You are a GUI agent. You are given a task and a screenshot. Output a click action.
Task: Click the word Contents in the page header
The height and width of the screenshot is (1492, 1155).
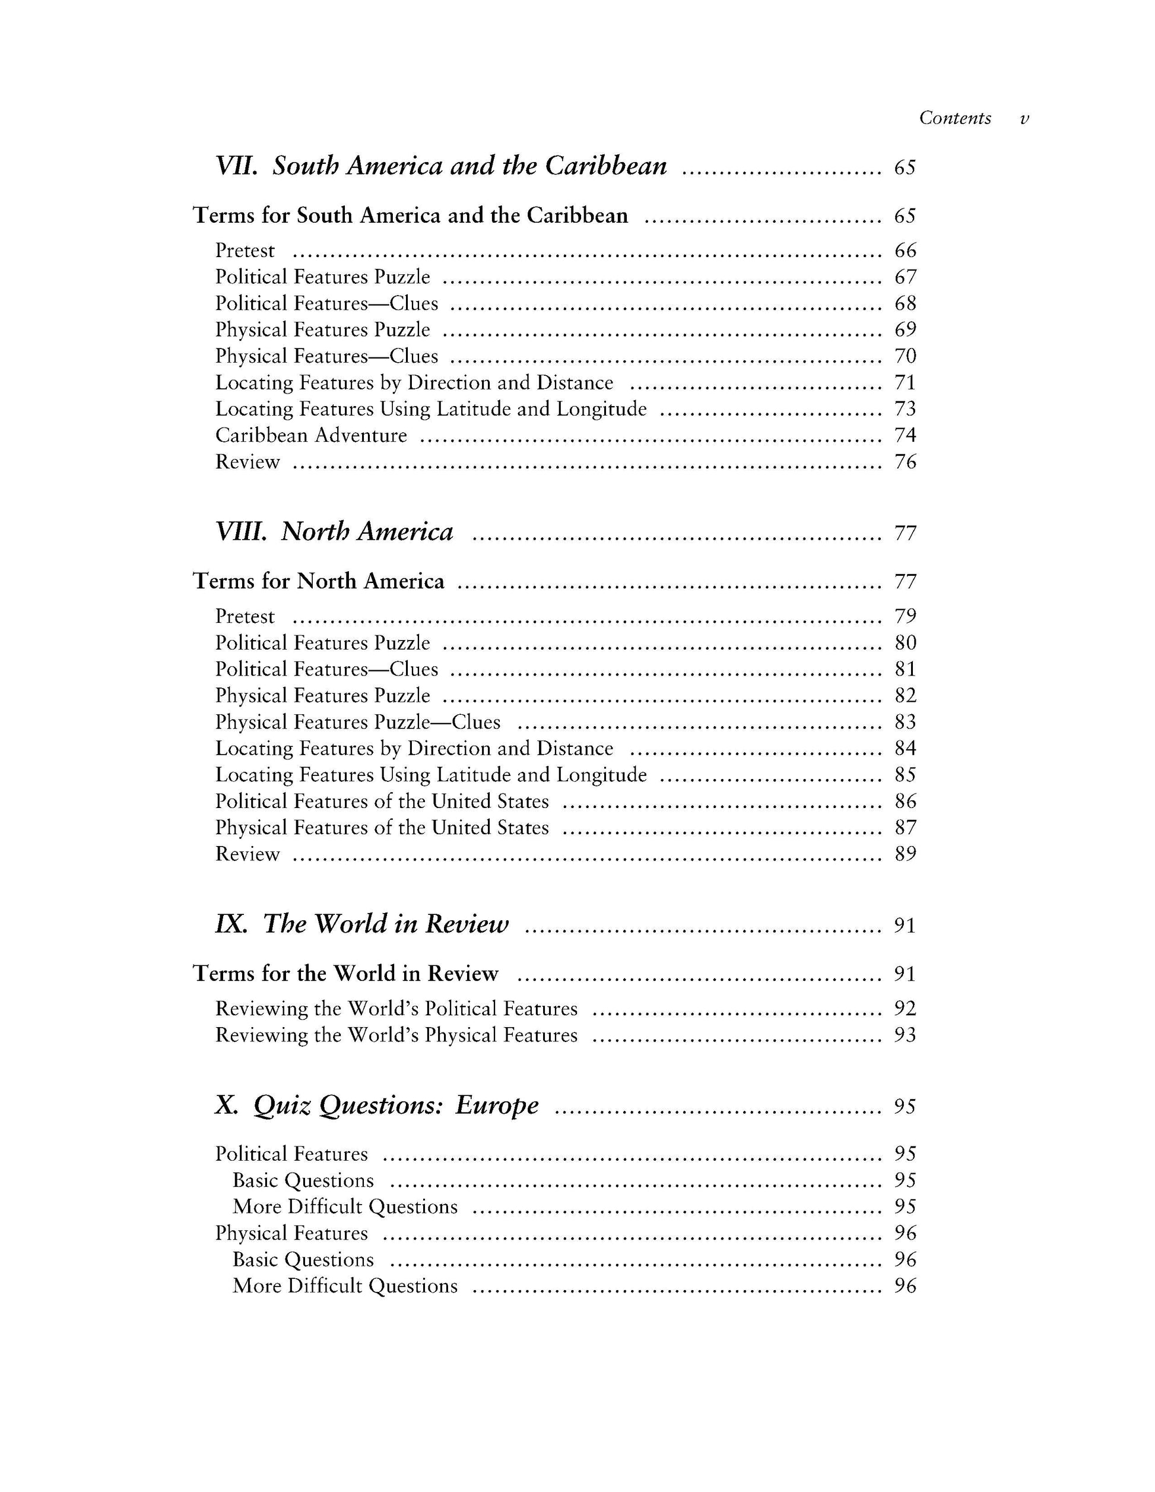(955, 118)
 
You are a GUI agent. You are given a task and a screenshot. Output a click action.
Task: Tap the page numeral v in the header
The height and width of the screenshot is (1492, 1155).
(1024, 119)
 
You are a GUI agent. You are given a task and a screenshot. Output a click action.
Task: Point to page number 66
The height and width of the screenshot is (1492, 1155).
(905, 251)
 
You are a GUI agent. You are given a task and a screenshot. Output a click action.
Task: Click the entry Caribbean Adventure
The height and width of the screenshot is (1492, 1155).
(311, 435)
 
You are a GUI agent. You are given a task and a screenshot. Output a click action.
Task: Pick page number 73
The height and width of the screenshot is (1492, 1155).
(905, 408)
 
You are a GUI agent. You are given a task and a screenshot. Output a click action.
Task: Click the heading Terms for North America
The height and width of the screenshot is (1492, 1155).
(318, 581)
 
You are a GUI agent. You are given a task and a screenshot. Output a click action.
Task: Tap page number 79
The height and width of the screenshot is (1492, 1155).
(905, 616)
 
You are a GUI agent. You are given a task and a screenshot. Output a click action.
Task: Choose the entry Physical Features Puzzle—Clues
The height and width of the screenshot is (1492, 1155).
(358, 722)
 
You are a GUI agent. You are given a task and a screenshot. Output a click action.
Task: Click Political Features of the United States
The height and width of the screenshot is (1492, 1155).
(382, 802)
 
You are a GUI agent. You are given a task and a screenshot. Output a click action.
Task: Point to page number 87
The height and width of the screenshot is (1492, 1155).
(905, 828)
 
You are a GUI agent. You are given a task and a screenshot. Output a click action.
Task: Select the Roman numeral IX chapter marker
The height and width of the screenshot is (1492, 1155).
(231, 924)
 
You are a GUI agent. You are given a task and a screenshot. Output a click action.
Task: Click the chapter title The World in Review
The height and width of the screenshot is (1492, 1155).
(386, 924)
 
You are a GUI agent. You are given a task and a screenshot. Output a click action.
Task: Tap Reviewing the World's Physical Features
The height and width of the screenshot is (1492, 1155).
(396, 1035)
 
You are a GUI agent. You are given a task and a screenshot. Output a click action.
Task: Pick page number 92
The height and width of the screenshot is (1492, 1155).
(905, 1008)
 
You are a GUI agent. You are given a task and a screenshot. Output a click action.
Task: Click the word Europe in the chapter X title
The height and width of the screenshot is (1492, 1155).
(497, 1105)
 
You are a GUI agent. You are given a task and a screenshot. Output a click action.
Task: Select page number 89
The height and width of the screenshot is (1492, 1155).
(905, 854)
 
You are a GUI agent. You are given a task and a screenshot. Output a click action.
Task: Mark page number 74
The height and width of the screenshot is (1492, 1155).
(905, 435)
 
